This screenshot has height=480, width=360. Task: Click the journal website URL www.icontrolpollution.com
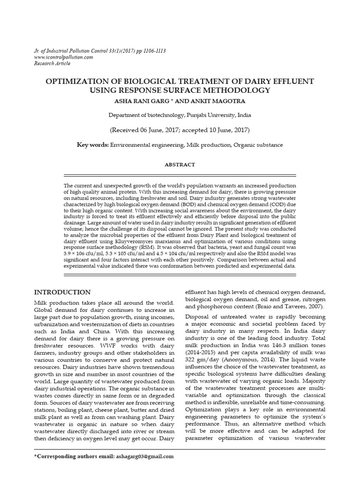tap(64, 57)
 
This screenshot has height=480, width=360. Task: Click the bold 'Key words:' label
tap(93, 145)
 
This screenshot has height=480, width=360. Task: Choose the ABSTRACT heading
tap(180, 165)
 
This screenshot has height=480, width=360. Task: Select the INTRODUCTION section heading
tap(63, 292)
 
